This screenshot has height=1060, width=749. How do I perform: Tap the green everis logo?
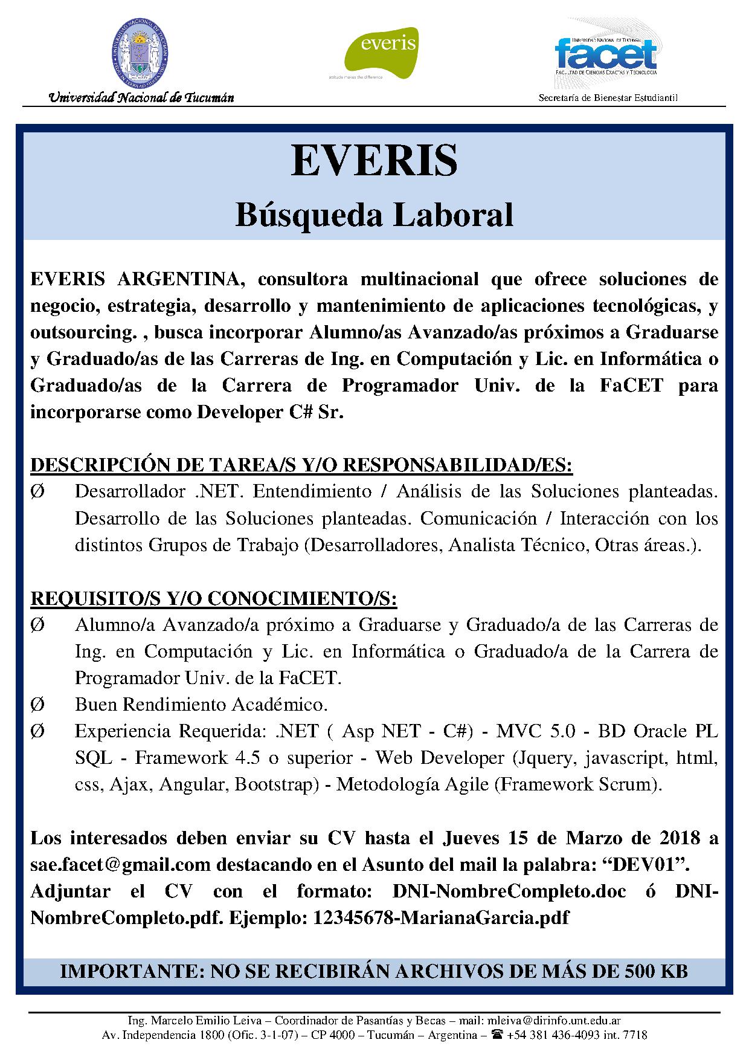click(x=381, y=53)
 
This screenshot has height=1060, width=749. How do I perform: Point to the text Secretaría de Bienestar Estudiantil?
click(x=608, y=98)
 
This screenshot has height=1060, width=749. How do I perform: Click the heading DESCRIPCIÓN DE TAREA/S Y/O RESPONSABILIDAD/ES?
click(x=301, y=465)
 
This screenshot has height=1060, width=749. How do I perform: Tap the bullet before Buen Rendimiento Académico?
click(x=37, y=705)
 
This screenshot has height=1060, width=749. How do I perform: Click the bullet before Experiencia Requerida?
click(x=37, y=731)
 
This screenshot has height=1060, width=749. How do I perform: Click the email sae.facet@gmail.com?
click(x=120, y=865)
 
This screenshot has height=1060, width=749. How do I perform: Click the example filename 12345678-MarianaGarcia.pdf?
click(x=440, y=918)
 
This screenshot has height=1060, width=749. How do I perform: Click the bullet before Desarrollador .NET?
click(x=37, y=492)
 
